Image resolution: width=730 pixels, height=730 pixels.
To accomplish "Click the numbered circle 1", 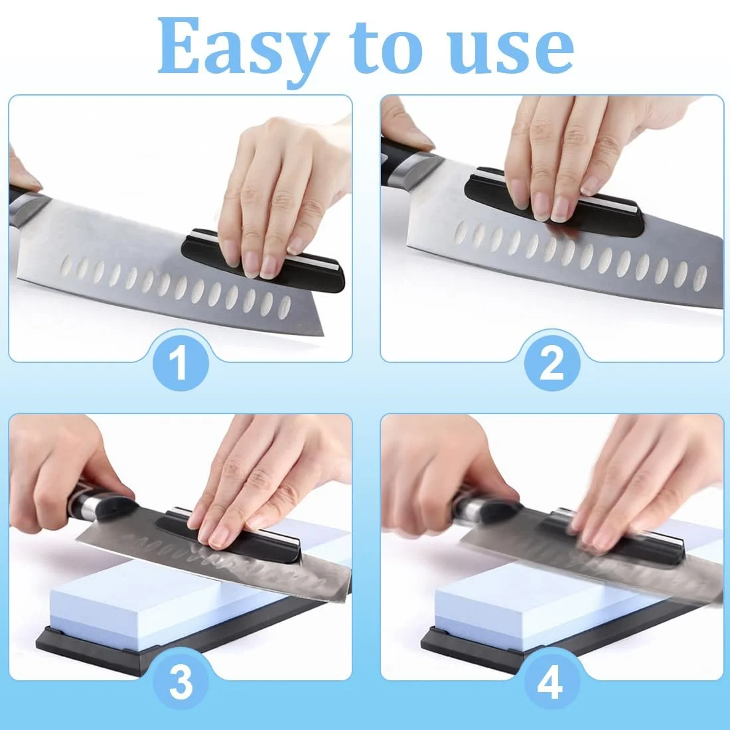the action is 181,362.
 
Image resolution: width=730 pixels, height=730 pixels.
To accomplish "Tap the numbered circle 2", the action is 552,362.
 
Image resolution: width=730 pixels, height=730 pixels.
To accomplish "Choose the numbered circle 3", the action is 181,682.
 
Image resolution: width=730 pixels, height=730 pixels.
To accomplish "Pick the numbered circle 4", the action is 552,682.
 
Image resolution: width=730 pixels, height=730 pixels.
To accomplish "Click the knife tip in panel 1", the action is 322,333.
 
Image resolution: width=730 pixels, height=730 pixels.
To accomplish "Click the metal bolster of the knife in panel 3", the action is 88,505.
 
